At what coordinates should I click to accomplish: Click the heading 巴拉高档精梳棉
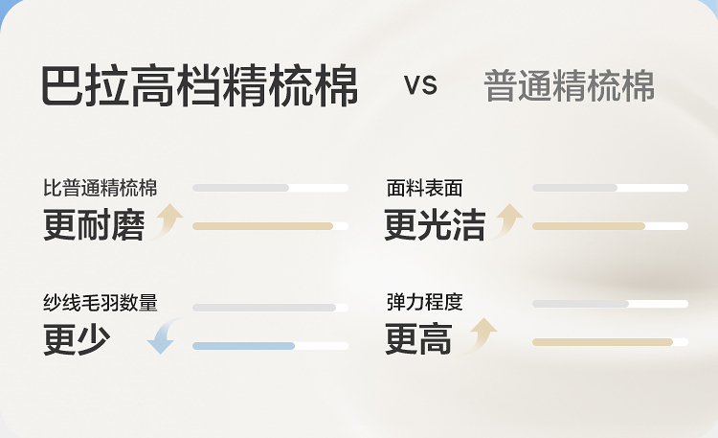199,86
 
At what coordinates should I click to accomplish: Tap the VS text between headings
420,85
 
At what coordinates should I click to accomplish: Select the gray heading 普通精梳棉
569,86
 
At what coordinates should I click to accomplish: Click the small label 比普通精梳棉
100,188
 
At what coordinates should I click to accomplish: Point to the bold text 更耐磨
94,225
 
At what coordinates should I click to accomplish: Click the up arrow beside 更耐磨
168,221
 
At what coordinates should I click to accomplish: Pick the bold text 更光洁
435,225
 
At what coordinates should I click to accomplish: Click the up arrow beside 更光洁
507,221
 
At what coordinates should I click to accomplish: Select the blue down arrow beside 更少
161,337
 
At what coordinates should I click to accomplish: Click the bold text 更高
418,340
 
